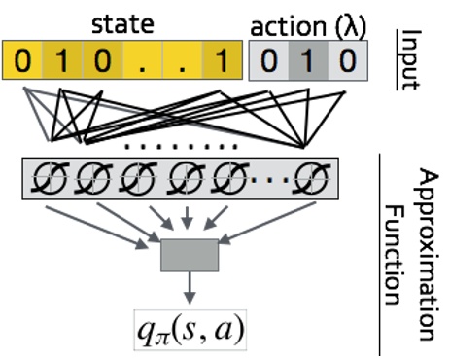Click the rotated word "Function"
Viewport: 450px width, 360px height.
tap(396, 239)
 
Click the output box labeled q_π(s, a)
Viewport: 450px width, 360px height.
tap(190, 329)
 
